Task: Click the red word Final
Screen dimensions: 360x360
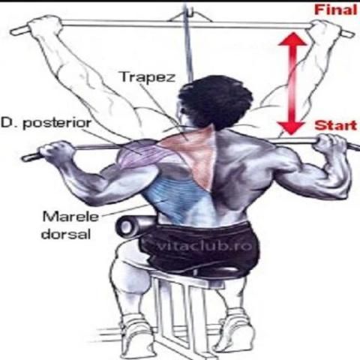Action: [336, 10]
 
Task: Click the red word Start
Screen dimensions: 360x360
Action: [336, 125]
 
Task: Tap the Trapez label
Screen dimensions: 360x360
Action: [148, 77]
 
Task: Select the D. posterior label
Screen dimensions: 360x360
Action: [46, 123]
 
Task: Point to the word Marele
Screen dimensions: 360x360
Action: [70, 217]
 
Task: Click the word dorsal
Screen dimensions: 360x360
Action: [66, 234]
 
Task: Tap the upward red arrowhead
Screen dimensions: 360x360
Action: [292, 40]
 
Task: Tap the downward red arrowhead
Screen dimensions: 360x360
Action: [292, 127]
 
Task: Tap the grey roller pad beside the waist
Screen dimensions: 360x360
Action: [133, 226]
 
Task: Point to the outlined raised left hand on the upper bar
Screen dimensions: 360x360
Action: [46, 25]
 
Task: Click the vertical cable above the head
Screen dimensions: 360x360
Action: [188, 43]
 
